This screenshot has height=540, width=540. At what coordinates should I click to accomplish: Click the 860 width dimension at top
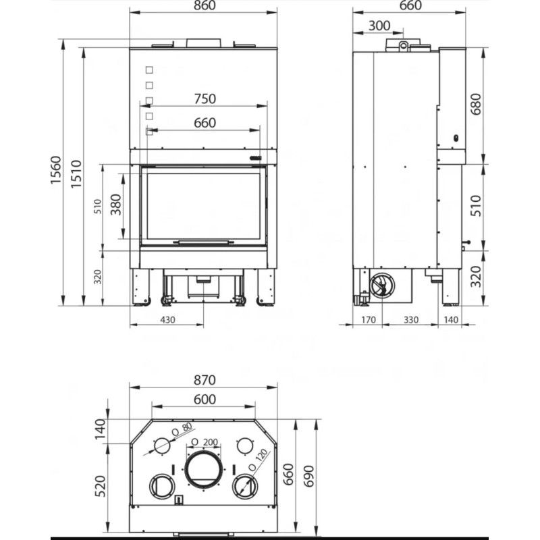(x=205, y=5)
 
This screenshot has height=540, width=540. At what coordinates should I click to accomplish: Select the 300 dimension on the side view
(x=379, y=26)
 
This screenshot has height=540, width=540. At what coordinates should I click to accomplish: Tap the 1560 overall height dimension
(x=55, y=170)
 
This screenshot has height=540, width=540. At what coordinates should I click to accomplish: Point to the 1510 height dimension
(x=76, y=174)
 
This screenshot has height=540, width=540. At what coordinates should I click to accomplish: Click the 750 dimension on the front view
(x=205, y=99)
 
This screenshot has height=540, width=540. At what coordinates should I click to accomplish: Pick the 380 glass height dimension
(x=116, y=205)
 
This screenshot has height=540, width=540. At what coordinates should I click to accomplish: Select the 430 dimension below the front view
(x=167, y=320)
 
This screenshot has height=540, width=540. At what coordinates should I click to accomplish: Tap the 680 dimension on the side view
(x=476, y=105)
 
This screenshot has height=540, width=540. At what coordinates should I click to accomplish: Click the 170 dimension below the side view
(x=368, y=320)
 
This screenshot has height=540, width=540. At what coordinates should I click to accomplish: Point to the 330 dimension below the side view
(x=411, y=320)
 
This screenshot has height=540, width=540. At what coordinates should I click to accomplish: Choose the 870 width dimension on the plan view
(x=205, y=380)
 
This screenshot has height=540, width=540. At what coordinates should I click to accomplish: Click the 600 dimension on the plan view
(x=205, y=400)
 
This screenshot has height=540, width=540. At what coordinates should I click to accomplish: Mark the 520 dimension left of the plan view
(x=100, y=486)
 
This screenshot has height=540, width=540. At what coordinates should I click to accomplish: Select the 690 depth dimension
(x=309, y=477)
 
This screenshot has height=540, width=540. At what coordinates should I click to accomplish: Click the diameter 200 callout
(x=205, y=442)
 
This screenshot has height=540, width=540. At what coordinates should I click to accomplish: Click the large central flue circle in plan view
(x=203, y=469)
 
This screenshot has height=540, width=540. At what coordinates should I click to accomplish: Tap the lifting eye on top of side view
(x=403, y=46)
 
